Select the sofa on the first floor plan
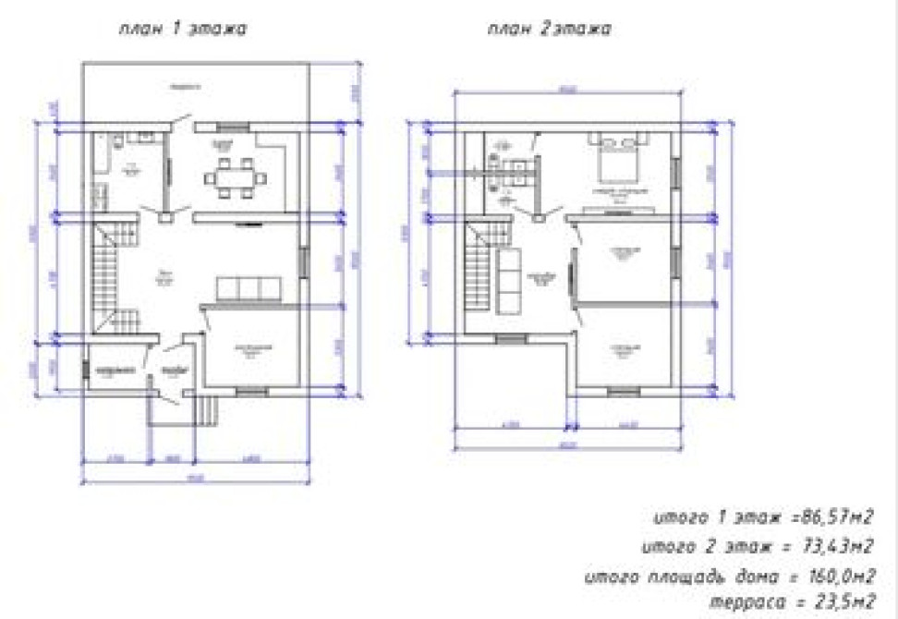point(248,289)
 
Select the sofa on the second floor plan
point(507,281)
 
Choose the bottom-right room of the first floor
point(252,348)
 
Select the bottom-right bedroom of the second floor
point(624,348)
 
